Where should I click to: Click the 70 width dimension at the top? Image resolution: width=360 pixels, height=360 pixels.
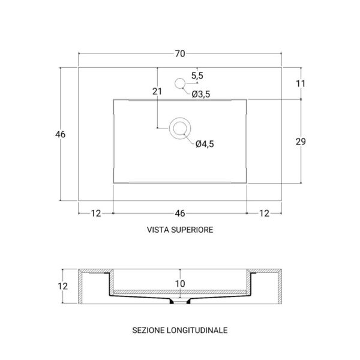[180, 54]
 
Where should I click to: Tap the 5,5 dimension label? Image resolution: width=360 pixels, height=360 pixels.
[197, 76]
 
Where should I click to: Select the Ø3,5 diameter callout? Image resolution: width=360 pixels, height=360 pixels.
[201, 94]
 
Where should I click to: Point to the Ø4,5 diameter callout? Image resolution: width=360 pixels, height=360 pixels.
[205, 144]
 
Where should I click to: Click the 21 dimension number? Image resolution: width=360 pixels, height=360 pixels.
[157, 91]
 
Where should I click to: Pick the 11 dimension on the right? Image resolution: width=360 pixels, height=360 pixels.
[301, 83]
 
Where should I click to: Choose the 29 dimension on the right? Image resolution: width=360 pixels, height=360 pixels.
[301, 142]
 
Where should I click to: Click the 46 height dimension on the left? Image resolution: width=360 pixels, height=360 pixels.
[61, 134]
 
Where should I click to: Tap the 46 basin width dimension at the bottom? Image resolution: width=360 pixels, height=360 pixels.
[180, 213]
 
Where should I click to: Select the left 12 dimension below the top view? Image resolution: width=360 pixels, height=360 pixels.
[96, 213]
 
